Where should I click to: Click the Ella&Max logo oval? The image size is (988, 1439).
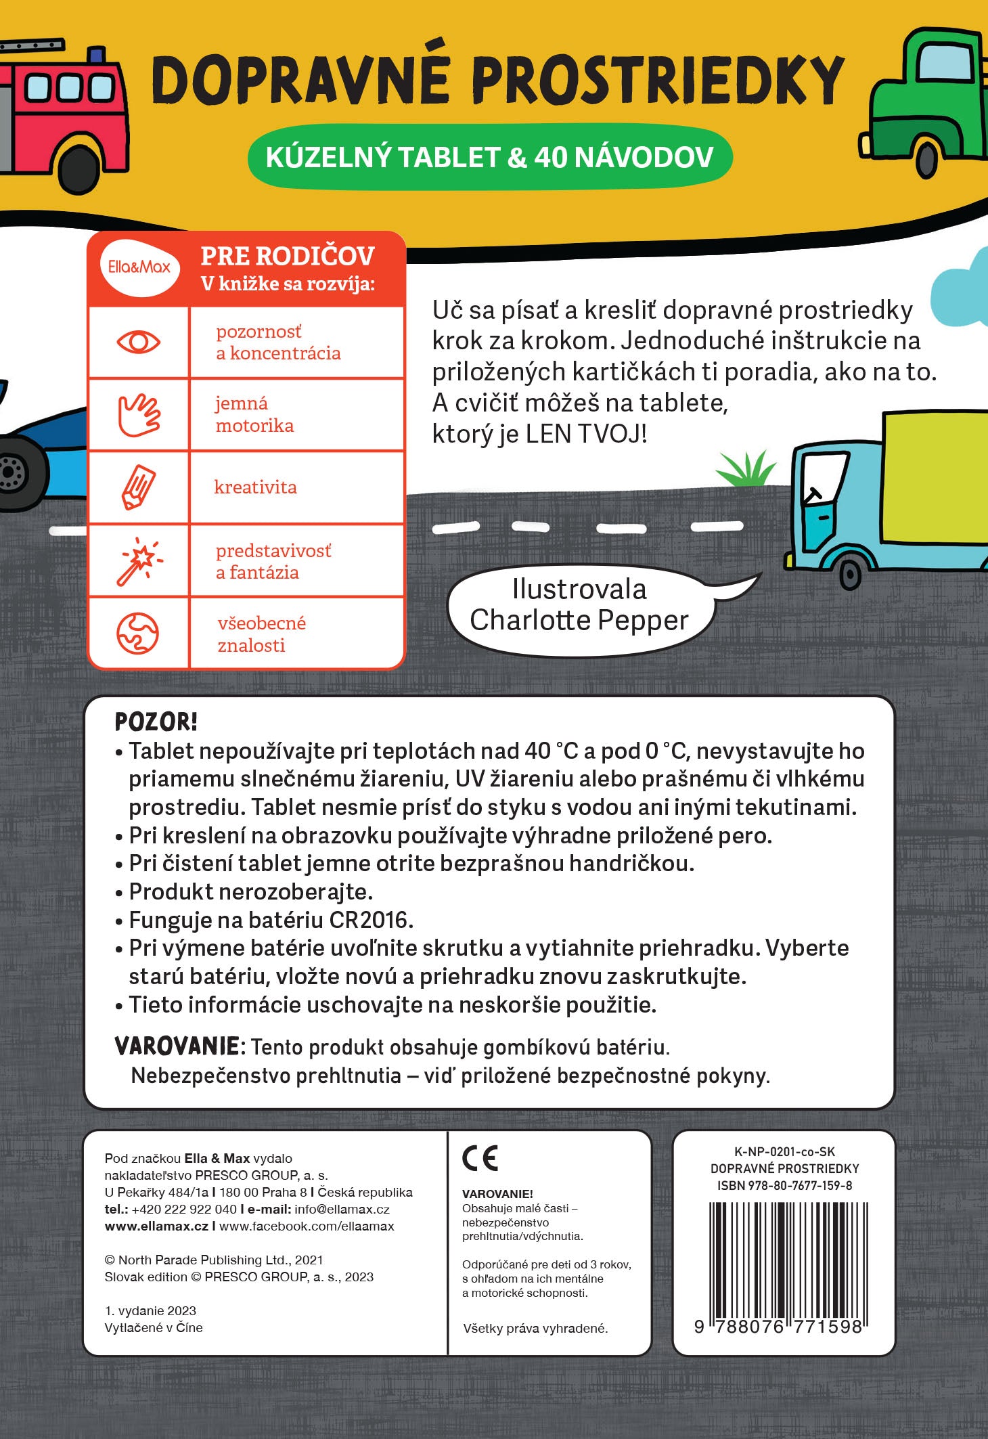pos(139,267)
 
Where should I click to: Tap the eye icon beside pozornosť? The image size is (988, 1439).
pos(139,342)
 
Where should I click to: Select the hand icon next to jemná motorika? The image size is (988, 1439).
pos(139,414)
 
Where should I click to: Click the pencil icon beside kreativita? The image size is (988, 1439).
pos(139,487)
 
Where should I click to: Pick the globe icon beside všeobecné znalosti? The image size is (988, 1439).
pos(138,634)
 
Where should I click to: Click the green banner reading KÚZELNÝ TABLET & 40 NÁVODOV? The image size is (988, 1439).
pos(489,157)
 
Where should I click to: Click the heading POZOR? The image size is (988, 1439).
pos(156,722)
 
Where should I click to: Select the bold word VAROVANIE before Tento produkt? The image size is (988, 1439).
pos(177,1046)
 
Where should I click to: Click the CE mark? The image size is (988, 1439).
pos(480,1158)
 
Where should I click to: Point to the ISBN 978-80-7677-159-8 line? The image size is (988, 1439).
pos(784,1185)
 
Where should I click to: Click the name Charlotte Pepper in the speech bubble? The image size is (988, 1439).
pos(579,620)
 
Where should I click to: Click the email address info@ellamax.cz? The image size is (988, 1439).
pos(342,1209)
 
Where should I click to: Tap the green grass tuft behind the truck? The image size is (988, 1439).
pos(746,468)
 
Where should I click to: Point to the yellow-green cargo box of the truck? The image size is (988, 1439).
pos(937,478)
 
